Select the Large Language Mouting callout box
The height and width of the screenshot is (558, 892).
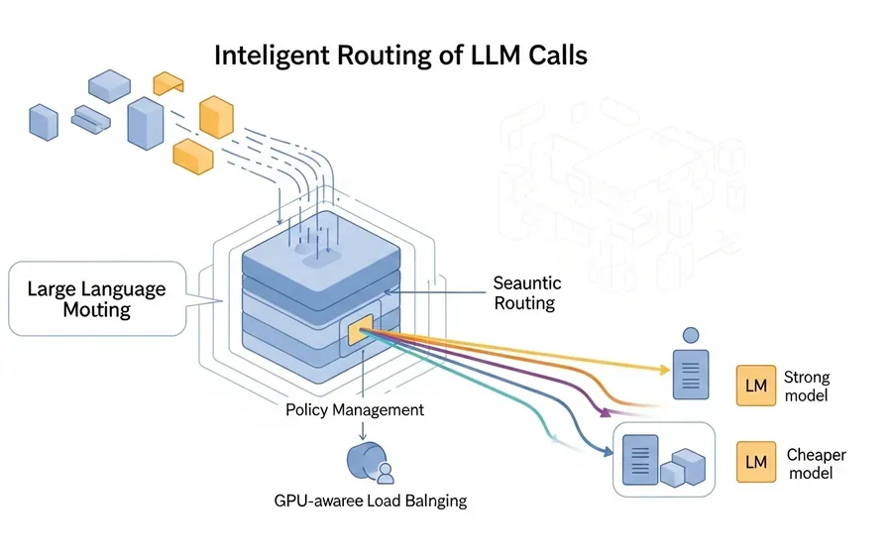point(98,298)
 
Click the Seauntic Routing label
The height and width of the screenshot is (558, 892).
point(527,293)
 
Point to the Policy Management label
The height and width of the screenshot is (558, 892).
point(355,410)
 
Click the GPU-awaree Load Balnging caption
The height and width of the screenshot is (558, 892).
point(371,501)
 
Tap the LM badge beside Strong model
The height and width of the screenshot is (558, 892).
point(756,386)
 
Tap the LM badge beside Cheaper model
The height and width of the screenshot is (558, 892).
point(756,462)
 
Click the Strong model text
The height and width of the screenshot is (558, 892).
point(807,386)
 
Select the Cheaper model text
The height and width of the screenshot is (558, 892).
point(817,463)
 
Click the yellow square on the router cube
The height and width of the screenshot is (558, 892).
point(360,329)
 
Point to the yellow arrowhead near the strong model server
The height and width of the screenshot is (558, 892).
point(664,370)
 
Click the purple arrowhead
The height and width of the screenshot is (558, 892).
point(606,411)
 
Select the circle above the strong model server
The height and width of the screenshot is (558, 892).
point(691,335)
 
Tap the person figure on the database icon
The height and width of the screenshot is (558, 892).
point(386,474)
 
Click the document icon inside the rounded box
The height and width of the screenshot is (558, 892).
point(640,460)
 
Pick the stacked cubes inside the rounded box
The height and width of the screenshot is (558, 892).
point(683,468)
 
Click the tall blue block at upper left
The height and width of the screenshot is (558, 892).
point(146,124)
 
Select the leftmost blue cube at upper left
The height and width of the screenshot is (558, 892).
point(44,122)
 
